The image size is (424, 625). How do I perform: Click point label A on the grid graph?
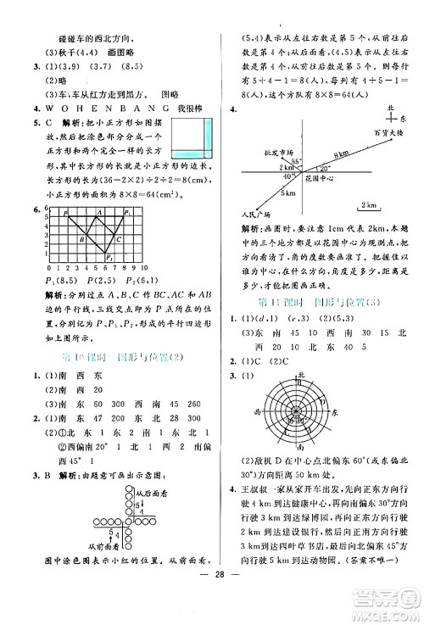(x=100, y=212)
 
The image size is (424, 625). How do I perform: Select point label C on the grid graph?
(x=118, y=239)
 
